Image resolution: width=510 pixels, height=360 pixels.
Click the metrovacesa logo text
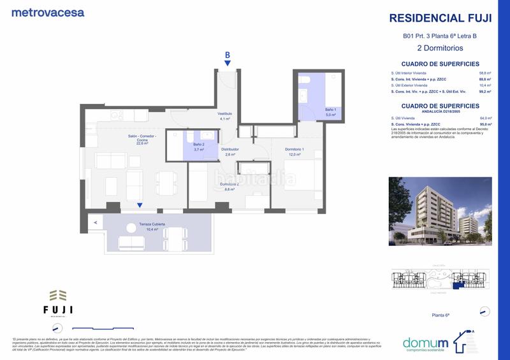point(48,12)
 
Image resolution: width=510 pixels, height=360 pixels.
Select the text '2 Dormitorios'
point(440,48)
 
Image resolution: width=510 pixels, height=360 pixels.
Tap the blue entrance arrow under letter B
point(227,62)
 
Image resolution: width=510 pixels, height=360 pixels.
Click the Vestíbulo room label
point(225,114)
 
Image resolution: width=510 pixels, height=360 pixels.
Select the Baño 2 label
point(199,145)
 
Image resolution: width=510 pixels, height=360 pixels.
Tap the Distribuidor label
point(229,150)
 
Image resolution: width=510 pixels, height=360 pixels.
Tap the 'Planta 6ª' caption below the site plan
point(440,315)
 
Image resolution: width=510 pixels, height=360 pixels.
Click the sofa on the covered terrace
point(133,243)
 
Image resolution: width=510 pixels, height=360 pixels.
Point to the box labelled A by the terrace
point(95,222)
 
